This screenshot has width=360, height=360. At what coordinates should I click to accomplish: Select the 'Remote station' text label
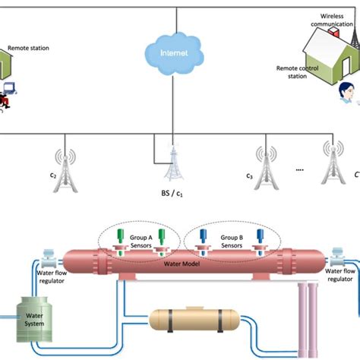[29, 47]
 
